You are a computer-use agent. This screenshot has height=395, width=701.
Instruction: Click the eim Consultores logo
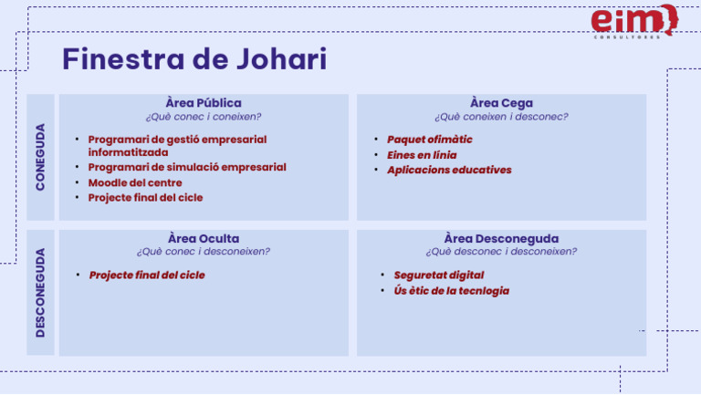pos(633,22)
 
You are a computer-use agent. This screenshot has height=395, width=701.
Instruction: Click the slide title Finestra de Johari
pos(194,59)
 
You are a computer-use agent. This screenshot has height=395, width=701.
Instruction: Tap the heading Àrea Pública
pos(204,103)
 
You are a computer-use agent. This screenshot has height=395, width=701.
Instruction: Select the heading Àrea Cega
pos(501,103)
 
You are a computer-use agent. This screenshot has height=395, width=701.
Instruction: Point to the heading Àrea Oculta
pos(204,239)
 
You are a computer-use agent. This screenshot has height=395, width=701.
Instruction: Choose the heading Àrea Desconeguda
pos(501,239)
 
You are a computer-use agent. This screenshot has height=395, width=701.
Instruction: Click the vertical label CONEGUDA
pos(40,156)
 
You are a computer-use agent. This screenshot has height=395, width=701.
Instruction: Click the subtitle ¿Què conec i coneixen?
pos(204,117)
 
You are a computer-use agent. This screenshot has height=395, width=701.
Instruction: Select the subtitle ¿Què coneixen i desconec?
pos(501,117)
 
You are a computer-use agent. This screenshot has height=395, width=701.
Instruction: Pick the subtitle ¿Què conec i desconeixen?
pos(204,252)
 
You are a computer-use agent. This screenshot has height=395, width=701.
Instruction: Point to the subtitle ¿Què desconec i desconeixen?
pos(501,252)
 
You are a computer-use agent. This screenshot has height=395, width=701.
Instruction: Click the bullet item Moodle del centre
pos(135,182)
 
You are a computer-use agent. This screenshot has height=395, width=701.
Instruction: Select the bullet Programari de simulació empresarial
pos(187,168)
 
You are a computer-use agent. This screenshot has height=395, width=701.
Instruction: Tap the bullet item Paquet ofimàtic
pos(430,140)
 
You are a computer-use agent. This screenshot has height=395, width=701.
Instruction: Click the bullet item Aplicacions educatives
pos(449,170)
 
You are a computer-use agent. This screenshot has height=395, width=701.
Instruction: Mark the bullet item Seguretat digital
pos(439,275)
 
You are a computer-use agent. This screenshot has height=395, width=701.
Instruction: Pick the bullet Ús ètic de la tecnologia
pos(452,291)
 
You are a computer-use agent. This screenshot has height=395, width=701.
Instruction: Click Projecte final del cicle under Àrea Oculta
pos(147,275)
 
